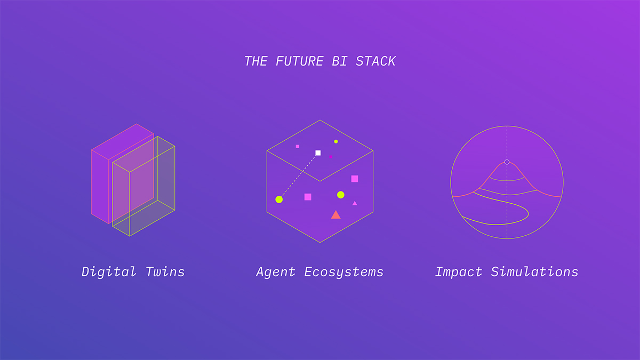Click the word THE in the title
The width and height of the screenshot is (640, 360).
point(256,61)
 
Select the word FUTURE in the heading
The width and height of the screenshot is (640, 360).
point(299,61)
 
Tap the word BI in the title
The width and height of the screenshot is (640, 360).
point(340,61)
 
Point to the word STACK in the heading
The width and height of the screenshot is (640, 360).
point(375,61)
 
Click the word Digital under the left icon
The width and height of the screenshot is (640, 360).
point(109,271)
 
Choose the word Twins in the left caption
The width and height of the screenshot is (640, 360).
point(165,271)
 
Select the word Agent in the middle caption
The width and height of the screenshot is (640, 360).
point(276,271)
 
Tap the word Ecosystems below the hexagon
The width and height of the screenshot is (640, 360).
point(343,271)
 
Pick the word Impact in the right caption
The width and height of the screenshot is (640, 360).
point(459,271)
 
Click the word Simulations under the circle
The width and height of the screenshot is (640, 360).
point(534,271)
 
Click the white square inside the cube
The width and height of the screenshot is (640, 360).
point(318,153)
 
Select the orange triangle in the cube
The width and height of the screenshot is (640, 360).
point(335,215)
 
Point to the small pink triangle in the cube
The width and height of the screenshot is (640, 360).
point(355,203)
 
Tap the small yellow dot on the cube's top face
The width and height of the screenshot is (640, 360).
point(336,141)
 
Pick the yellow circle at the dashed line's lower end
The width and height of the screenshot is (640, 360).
point(279,199)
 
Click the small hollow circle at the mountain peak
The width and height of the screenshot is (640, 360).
point(507,162)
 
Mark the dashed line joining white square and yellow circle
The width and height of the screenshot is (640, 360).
point(299,177)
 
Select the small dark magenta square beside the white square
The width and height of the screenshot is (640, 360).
point(331,157)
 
